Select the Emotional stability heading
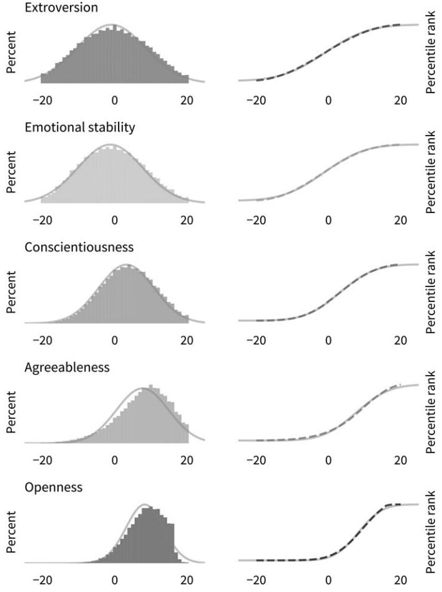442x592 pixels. pos(80,128)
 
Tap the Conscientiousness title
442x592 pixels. pos(79,248)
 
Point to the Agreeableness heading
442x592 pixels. pos(67,368)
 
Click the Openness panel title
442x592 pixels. pos(53,488)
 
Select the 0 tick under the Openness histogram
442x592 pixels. pos(115,581)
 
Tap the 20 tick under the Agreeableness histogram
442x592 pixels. pos(187,461)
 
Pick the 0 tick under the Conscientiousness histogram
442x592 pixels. pos(115,341)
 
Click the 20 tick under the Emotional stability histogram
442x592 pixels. pos(187,221)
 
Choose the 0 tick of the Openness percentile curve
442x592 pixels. pos(328,581)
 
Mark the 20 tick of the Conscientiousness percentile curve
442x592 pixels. pos(400,341)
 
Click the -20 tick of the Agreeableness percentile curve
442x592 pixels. pos(256,461)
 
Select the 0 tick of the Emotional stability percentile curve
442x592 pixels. pos(328,221)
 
